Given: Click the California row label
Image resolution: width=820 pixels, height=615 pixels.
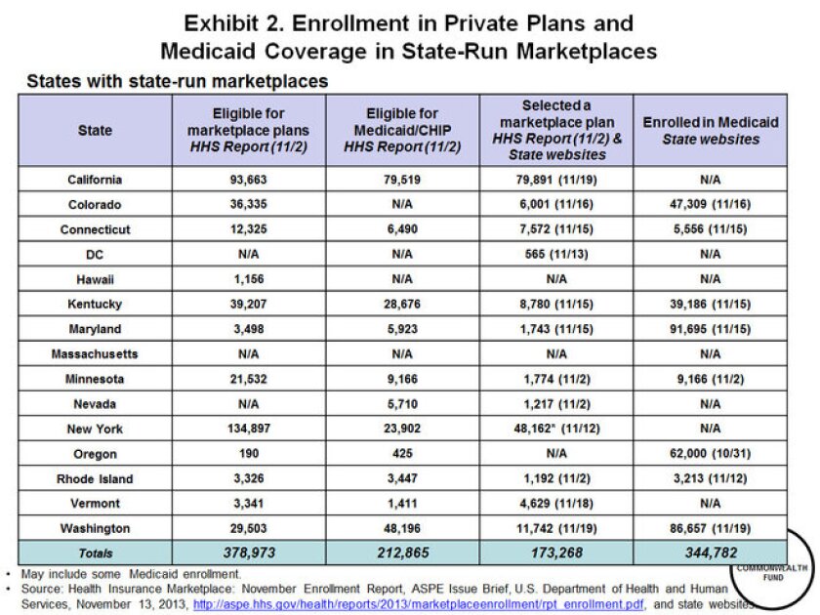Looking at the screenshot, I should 95,179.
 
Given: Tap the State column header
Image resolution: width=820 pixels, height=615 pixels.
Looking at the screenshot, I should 95,130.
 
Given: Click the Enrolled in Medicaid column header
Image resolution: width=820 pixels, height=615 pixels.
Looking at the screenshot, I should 710,130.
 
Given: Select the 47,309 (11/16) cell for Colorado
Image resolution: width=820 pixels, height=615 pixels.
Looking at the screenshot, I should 710,204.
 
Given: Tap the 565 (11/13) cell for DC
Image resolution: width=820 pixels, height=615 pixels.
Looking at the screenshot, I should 556,254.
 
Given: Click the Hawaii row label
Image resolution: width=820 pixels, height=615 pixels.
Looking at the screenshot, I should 95,279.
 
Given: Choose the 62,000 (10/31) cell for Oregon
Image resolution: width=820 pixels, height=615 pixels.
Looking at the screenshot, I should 710,454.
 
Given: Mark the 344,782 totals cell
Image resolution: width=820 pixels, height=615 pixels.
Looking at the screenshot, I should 710,553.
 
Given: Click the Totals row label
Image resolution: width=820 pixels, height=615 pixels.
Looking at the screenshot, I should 95,553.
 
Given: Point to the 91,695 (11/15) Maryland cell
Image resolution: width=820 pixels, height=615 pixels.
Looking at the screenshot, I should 710,329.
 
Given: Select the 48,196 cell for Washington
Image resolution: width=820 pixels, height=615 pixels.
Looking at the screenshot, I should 402,528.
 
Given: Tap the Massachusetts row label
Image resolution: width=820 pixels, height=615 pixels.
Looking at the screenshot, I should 95,353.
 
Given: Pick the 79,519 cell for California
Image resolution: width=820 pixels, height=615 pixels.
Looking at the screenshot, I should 402,179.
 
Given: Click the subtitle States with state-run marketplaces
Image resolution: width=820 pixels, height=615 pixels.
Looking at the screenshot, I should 177,81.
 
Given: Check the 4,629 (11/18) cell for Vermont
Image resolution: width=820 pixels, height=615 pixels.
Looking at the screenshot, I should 556,504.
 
